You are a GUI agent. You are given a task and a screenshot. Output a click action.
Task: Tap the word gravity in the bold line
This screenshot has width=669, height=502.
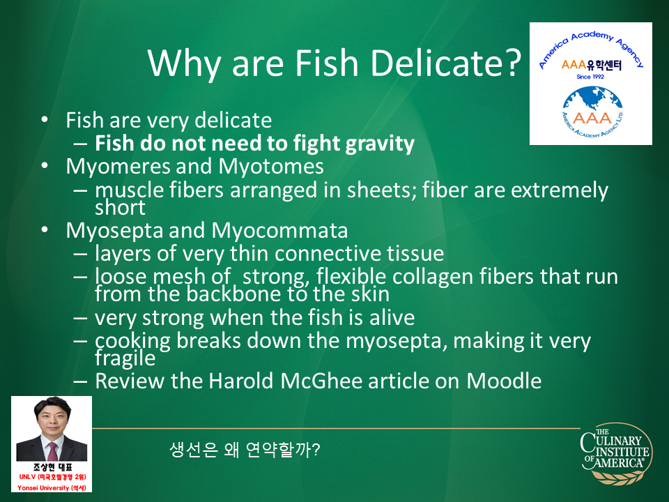380,144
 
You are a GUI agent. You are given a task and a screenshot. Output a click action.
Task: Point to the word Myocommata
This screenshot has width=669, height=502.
279,231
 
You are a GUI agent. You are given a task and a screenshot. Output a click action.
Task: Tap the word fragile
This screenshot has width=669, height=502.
125,358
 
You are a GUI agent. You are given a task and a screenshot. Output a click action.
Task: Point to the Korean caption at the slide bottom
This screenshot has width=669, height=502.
245,450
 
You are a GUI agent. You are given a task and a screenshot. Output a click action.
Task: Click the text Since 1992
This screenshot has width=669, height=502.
590,77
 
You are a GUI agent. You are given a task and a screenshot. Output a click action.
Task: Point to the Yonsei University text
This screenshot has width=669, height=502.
52,487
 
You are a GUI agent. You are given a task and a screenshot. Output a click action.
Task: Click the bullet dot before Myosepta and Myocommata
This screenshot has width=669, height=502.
45,229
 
